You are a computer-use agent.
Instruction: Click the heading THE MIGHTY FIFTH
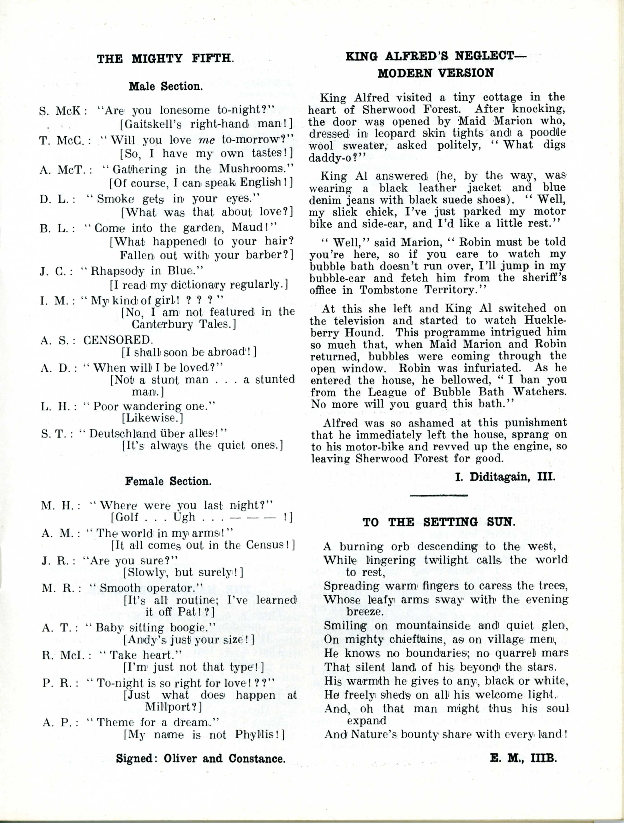(165, 59)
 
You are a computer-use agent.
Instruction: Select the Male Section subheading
(166, 87)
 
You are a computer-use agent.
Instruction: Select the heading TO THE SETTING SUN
(439, 522)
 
